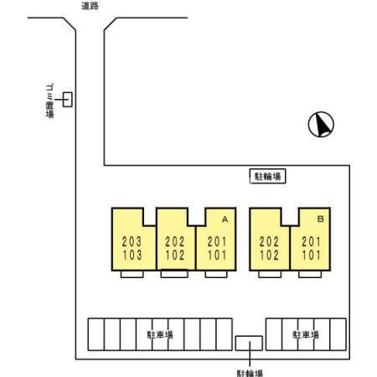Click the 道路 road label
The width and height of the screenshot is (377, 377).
pos(90,6)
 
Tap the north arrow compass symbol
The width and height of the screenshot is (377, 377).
pos(321,124)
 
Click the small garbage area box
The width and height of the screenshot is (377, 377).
pos(68,100)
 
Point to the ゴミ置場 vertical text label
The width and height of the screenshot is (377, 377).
pos(49,101)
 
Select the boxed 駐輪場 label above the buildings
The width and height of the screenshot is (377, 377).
pos(267,176)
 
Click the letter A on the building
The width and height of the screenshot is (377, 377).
pos(225,219)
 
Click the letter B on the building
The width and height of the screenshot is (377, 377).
pos(321,219)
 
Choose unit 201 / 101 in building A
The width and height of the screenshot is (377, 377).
pos(217,248)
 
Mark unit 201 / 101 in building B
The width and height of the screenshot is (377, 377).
pos(311,248)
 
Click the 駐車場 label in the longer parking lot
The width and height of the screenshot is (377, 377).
pos(160,334)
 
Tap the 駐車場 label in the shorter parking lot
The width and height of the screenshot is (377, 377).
pos(306,334)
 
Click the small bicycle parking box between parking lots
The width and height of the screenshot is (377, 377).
pos(249,343)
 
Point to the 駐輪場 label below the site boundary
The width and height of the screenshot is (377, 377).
pos(250,374)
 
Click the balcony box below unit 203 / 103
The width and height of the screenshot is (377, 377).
pos(132,274)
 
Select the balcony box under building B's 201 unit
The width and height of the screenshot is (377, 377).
pos(310,274)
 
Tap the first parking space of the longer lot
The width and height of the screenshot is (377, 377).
pos(96,334)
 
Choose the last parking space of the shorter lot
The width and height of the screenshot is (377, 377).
pos(338,334)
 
